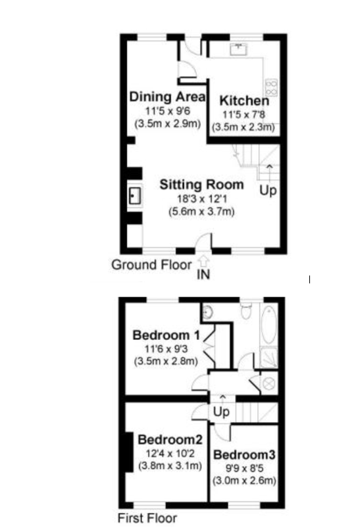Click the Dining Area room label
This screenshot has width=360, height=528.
tap(167, 97)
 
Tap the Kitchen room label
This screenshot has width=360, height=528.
tap(244, 101)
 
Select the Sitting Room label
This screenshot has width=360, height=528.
tap(201, 185)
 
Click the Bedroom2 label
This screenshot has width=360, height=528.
tap(169, 440)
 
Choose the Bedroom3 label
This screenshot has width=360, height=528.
tap(244, 454)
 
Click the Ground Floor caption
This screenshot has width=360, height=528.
tap(151, 265)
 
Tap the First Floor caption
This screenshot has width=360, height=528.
tap(147, 517)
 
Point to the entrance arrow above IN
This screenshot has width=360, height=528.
tap(203, 261)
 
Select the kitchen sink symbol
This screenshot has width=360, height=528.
tap(237, 48)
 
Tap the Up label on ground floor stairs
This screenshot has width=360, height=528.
tap(268, 191)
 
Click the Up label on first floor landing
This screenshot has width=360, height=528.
tap(221, 412)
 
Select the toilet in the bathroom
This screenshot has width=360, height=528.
tap(245, 308)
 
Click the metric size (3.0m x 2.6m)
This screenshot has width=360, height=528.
tap(244, 480)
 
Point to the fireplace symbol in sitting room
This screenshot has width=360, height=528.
tap(135, 195)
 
